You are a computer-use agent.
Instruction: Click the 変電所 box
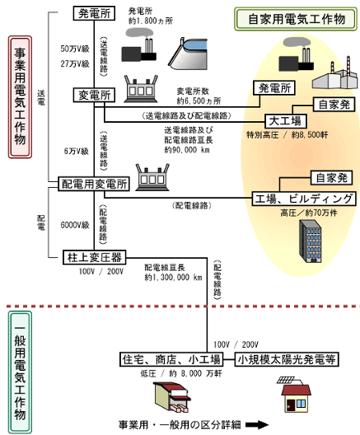pos(94,96)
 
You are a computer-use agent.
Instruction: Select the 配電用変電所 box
pos(94,184)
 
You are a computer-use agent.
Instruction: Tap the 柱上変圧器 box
pos(94,257)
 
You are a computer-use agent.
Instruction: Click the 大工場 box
pos(286,121)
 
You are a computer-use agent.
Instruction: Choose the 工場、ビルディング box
pos(304,199)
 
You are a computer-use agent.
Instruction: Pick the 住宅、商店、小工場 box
pos(171,359)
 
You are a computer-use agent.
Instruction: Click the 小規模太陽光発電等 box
pos(287,359)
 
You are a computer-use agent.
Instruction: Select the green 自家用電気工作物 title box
pos(296,19)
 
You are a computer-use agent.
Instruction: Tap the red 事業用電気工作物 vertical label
pos(20,97)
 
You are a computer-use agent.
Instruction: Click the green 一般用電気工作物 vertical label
pos(20,372)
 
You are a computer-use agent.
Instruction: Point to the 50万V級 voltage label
pos(75,49)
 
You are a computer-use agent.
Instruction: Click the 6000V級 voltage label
pos(75,225)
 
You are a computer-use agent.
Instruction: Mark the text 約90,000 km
pos(187,150)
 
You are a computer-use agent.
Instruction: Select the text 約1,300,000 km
pos(173,278)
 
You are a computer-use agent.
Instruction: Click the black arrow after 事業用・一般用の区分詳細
pos(257,424)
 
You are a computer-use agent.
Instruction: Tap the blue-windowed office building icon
pos(311,241)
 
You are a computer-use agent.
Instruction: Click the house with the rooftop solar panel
pos(294,394)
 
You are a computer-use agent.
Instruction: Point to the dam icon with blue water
pos(189,54)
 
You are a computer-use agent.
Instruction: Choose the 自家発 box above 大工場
pos(334,105)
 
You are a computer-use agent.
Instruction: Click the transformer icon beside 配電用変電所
pos(152,177)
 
